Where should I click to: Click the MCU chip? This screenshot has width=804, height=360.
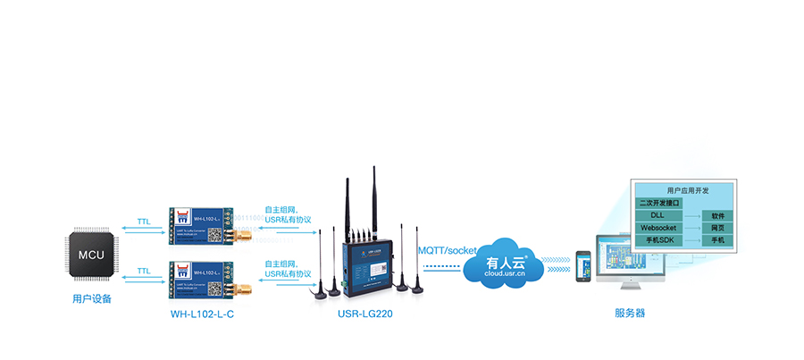coord(91,255)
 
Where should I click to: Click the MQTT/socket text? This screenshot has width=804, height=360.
coord(448,250)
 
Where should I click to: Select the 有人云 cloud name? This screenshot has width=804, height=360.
coord(506,263)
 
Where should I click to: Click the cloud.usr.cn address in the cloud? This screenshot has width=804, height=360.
coord(507,276)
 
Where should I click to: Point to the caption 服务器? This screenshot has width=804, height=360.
coord(630,314)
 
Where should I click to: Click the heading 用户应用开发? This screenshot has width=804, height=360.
coord(684,191)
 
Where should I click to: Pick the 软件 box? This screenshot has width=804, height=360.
coord(717,216)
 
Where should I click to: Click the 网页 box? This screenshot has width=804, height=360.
coord(717,228)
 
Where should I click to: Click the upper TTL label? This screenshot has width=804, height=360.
coord(144,222)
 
